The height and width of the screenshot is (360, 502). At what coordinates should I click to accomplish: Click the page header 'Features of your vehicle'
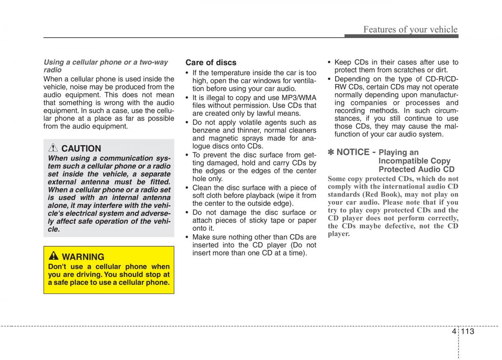click(410, 29)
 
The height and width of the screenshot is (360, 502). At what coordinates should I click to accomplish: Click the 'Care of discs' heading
click(211, 63)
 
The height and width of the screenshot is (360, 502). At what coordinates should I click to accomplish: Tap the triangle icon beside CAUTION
click(53, 148)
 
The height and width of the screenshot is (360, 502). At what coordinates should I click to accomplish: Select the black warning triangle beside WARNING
click(54, 256)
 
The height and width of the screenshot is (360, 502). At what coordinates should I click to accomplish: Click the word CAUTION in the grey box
click(81, 148)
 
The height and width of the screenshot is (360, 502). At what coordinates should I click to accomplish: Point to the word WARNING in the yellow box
click(83, 257)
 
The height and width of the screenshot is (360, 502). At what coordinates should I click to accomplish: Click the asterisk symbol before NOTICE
click(331, 152)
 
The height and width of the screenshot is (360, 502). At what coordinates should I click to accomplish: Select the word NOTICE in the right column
click(353, 152)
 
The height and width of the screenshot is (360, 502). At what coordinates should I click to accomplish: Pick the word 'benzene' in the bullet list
click(205, 130)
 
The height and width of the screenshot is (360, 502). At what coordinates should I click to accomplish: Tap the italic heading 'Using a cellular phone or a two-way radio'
click(105, 66)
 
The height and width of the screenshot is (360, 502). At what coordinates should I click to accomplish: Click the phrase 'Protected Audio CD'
click(416, 169)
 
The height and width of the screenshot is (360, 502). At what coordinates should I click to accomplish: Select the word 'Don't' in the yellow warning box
click(57, 267)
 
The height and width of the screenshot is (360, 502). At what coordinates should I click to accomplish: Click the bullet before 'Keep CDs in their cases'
click(330, 62)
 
